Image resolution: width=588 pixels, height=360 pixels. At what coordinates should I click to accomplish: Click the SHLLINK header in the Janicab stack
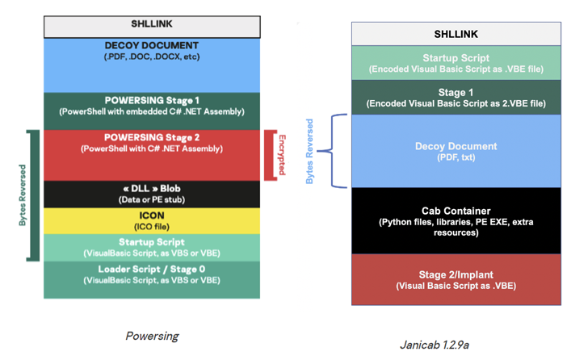[456, 35]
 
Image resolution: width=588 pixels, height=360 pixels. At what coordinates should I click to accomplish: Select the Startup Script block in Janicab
[456, 63]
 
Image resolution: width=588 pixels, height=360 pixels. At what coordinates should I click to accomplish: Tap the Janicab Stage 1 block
[456, 98]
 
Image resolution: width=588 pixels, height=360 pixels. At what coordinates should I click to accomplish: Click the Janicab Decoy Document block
[456, 151]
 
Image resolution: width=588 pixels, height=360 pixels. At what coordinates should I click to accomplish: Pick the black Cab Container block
[456, 220]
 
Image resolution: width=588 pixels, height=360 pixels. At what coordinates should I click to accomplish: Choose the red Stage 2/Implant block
[456, 279]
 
